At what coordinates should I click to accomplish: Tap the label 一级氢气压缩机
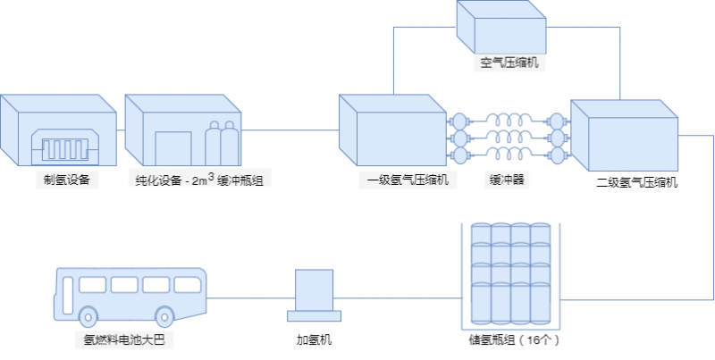(x=399, y=180)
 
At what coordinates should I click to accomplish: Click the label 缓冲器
(x=506, y=180)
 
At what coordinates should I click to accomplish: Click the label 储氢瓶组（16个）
(x=513, y=339)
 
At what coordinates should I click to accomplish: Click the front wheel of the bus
(x=88, y=317)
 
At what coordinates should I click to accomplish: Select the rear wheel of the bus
(x=164, y=317)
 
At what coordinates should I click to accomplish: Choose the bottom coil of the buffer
(x=507, y=155)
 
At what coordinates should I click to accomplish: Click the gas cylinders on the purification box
(x=221, y=141)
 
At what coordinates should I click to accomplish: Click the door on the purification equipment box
(x=173, y=147)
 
